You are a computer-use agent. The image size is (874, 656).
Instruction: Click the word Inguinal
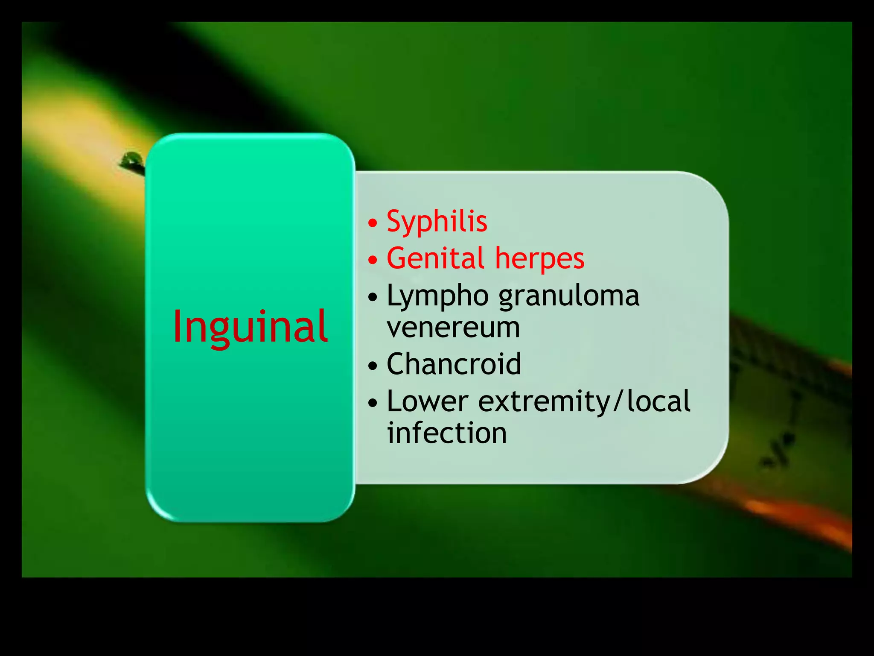(x=250, y=327)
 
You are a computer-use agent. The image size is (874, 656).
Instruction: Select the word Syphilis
(x=437, y=222)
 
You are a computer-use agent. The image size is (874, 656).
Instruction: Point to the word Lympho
(x=437, y=296)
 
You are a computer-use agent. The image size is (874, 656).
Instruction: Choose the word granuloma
(x=569, y=296)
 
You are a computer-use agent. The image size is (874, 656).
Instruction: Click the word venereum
(x=453, y=328)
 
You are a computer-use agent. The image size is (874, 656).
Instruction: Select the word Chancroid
(x=454, y=364)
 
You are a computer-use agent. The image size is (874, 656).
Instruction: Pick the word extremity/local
(x=584, y=402)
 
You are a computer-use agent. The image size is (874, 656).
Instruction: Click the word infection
(x=447, y=433)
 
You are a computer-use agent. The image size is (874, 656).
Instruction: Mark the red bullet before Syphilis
(x=373, y=223)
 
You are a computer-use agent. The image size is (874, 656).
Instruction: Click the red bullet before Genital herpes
(x=373, y=260)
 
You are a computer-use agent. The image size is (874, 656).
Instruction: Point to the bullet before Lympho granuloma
(x=373, y=297)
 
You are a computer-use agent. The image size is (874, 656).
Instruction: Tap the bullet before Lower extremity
(x=373, y=402)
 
